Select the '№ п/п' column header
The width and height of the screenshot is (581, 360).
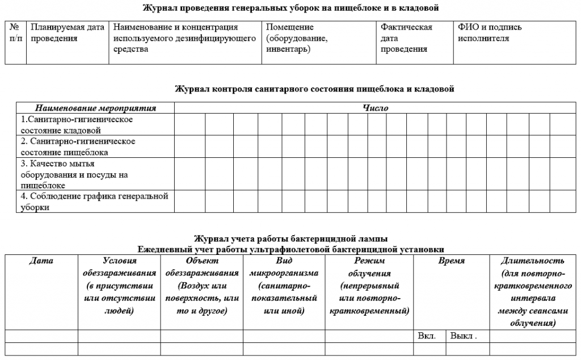click(15, 33)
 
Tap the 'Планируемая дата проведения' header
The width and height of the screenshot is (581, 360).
click(68, 33)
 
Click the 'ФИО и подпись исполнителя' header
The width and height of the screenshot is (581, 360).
click(490, 33)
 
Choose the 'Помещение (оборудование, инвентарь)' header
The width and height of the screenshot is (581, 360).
click(296, 38)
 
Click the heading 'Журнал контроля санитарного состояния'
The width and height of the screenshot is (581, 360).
click(314, 89)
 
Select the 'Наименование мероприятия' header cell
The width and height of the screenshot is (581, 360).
click(95, 108)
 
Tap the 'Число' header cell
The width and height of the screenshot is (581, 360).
click(375, 108)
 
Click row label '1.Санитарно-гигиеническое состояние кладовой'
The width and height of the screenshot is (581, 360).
click(77, 125)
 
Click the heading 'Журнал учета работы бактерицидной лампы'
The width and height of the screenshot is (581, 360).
click(290, 238)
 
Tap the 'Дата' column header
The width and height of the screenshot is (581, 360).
click(41, 261)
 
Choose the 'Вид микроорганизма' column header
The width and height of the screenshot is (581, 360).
click(284, 286)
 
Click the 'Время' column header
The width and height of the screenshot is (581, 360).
click(451, 261)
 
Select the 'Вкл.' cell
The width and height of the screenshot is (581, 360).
click(427, 336)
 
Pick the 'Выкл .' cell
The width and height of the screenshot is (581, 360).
click(463, 336)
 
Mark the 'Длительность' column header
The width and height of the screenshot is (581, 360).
click(532, 292)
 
